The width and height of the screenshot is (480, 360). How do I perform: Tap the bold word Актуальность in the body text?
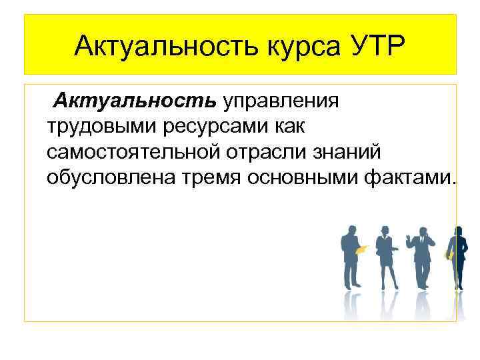(135, 101)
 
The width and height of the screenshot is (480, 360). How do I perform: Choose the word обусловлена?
(105, 177)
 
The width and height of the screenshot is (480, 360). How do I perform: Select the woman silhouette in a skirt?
(386, 257)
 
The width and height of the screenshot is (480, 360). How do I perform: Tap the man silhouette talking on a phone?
(421, 257)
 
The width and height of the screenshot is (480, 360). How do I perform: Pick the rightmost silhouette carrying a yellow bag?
(456, 257)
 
